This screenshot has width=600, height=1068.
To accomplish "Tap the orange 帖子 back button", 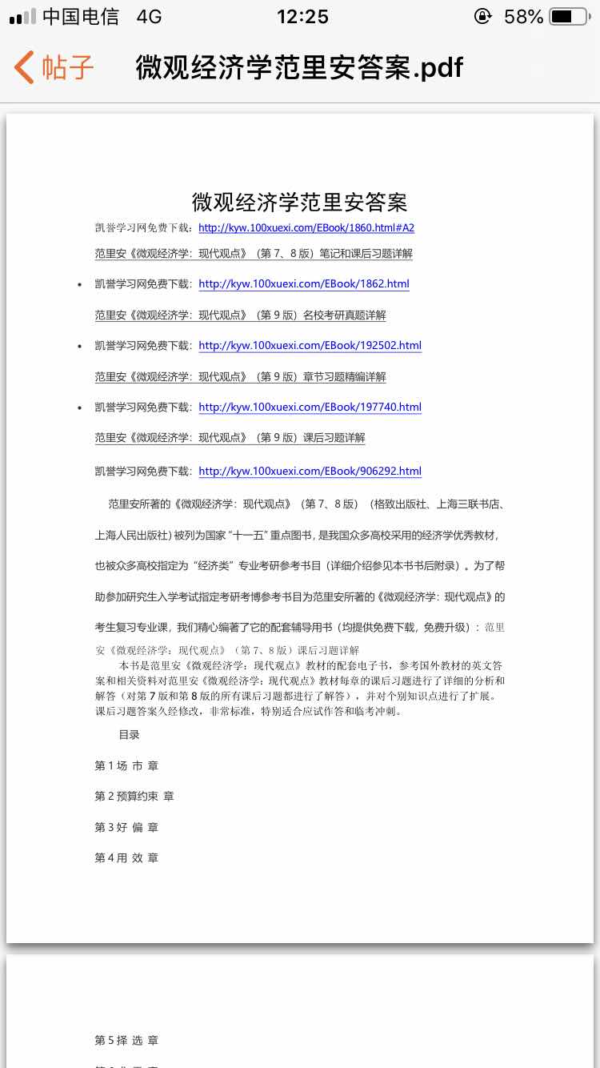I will coord(54,68).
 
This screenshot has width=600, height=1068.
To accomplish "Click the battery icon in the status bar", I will coord(572,16).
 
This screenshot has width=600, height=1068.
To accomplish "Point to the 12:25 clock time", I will coord(302,16).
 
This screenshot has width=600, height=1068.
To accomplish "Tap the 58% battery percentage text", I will coord(523,16).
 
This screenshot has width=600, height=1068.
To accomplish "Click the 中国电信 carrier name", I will coord(81,16).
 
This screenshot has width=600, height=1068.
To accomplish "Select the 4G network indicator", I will coord(149,16).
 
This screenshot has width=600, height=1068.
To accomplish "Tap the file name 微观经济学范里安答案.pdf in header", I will coord(299,68).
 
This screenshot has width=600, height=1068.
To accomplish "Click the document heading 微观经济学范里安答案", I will coord(299,201).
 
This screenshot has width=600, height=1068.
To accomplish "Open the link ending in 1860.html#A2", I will coord(306,228).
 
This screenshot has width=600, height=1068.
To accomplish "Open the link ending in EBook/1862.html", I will coord(304,284).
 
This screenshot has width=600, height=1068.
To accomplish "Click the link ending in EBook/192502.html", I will coord(310,346).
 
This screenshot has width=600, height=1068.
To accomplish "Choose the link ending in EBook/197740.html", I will coord(310,408).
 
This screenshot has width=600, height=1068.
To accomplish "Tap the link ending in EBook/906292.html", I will coord(310,472).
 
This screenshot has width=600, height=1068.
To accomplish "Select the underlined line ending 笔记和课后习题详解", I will coord(254,254).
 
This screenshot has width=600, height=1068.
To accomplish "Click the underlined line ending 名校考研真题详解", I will coord(240,315).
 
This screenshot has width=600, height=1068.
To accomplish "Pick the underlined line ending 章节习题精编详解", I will coord(240,377).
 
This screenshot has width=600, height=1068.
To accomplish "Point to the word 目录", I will coord(130,734).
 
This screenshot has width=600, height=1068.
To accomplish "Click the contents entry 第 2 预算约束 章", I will coord(134,797).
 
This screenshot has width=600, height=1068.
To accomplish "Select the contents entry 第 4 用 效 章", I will coord(126,858).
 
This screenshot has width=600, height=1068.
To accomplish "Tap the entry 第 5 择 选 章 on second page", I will coord(126,1041).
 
